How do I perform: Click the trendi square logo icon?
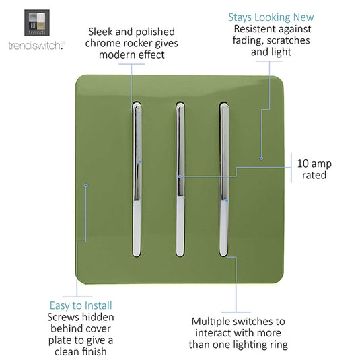[x=37, y=23]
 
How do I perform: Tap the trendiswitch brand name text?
[x=37, y=46]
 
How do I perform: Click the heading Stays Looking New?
[x=271, y=17]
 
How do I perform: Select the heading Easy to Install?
[x=81, y=305]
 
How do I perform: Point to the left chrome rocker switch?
[x=137, y=179]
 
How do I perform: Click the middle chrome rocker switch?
[x=180, y=179]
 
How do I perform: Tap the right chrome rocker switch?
[x=224, y=179]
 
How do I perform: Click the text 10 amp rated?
[x=314, y=169]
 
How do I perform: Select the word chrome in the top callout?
[x=102, y=43]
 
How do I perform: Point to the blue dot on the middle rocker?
[x=180, y=176]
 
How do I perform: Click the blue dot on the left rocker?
[x=139, y=161]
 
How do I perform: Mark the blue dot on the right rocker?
[x=227, y=201]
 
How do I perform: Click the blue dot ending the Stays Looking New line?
[x=261, y=158]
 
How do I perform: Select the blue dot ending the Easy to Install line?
[x=86, y=185]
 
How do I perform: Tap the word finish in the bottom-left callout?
[x=94, y=351]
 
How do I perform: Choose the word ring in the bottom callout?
[x=279, y=345]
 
